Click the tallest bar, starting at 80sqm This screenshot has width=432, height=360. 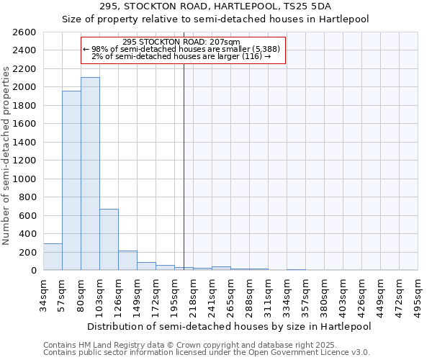click(90, 174)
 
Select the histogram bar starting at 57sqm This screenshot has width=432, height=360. click(71, 180)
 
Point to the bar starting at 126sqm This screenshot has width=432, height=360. click(127, 261)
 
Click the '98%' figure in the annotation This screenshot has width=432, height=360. click(99, 49)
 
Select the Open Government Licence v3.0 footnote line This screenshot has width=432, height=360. click(207, 353)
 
